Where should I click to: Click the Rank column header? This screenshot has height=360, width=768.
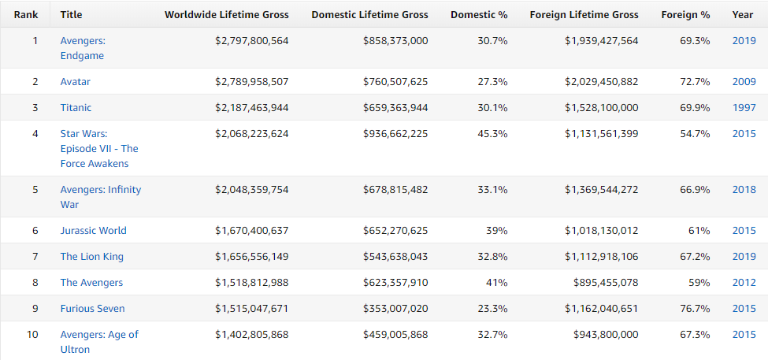pos(26,15)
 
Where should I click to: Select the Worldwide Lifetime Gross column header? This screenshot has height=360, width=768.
pos(227,15)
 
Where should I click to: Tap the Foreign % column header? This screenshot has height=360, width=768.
pos(686,15)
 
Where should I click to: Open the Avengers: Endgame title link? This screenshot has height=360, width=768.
pos(82,48)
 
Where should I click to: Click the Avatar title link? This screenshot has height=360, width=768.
pos(76,81)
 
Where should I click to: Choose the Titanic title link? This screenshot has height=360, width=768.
pos(76,107)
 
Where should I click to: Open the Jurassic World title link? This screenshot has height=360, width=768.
pos(94,230)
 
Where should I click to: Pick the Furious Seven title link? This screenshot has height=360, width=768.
pos(93,308)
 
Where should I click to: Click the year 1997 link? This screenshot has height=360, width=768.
pos(744,107)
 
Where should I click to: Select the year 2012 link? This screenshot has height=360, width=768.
pos(744,282)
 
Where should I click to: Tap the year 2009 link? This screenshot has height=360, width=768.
pos(744,81)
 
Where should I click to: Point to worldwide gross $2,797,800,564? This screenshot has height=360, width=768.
pos(252,41)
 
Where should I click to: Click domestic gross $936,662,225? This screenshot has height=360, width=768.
pos(395,133)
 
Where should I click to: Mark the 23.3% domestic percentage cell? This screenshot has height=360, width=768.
pos(493,308)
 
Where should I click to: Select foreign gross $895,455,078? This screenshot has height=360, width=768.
pos(606,282)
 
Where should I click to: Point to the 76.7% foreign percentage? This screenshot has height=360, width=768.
pos(695,308)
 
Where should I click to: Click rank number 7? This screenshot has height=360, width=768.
pos(35,256)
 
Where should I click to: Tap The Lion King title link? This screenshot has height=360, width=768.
pos(92,256)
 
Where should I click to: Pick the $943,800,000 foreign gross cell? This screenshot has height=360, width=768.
pos(606,334)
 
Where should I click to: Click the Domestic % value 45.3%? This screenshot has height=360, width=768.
pos(493,133)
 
